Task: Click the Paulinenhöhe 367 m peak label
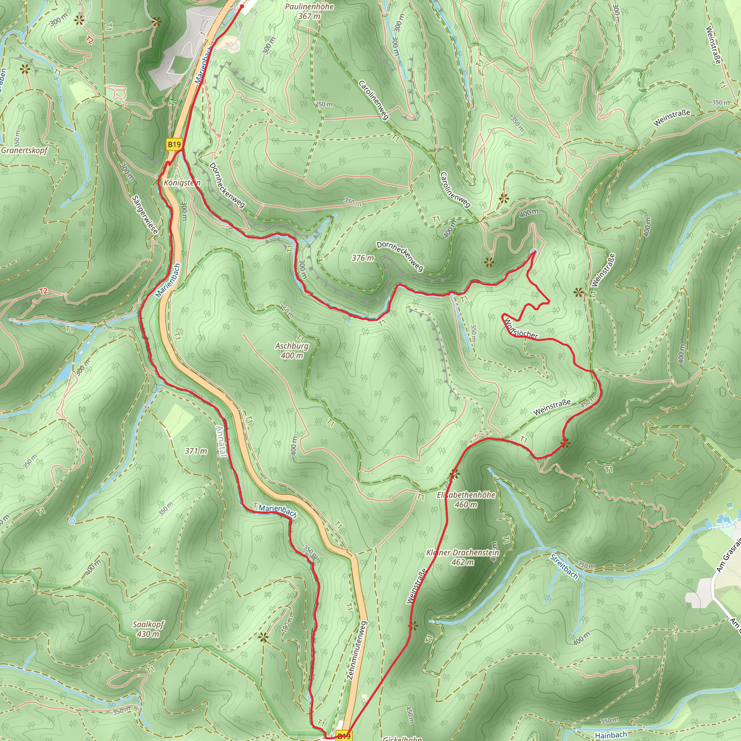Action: [x=309, y=12]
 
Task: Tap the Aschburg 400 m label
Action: [x=292, y=351]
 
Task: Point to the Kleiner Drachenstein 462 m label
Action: [x=462, y=557]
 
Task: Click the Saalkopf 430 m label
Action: [x=148, y=629]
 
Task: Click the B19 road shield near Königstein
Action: [x=174, y=145]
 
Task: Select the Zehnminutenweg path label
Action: [x=357, y=651]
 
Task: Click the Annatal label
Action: [x=222, y=441]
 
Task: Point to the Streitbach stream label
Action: [x=564, y=567]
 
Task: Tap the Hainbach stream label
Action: [x=611, y=734]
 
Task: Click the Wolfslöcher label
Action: [x=521, y=328]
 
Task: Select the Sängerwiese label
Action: [x=145, y=215]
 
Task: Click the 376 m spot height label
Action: [x=363, y=258]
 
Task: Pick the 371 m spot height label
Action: [x=196, y=451]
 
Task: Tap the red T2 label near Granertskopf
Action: [x=43, y=291]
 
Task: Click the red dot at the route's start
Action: [x=242, y=7]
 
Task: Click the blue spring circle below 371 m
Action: [x=72, y=521]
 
